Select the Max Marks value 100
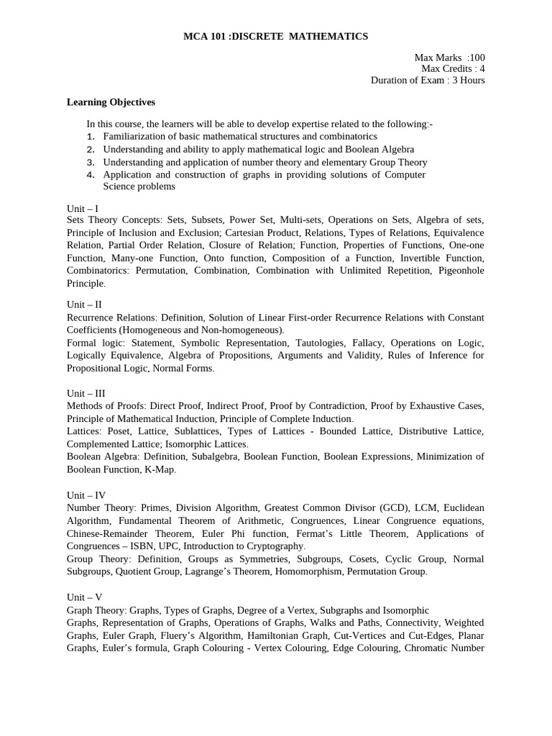[477, 57]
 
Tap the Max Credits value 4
[482, 68]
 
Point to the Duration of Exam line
[428, 80]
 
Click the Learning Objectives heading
[111, 102]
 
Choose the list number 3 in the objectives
[91, 163]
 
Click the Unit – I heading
[83, 208]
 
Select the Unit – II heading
[84, 304]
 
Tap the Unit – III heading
[86, 393]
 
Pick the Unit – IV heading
[86, 495]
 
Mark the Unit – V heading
[84, 597]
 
